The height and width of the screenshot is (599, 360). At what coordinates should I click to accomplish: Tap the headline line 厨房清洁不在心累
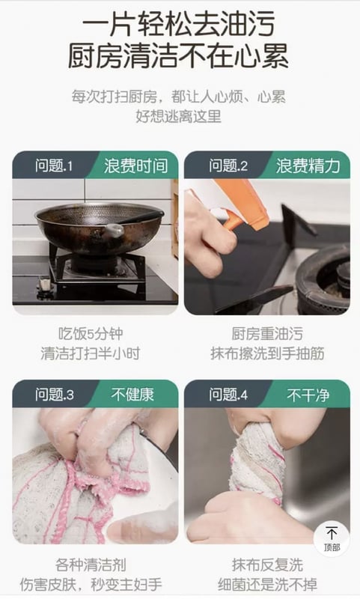pyautogui.click(x=178, y=55)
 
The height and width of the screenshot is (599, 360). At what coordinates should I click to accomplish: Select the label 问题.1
pyautogui.click(x=54, y=166)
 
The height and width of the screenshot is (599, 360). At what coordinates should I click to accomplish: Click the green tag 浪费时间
pyautogui.click(x=135, y=166)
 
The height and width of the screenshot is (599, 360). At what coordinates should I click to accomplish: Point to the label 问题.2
pyautogui.click(x=228, y=166)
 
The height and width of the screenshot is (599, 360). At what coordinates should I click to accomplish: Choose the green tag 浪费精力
pyautogui.click(x=308, y=166)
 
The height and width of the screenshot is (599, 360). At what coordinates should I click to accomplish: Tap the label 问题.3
pyautogui.click(x=55, y=395)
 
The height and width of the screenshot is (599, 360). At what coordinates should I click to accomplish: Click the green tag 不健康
pyautogui.click(x=132, y=395)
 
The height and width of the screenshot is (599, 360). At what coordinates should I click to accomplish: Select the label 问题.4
pyautogui.click(x=228, y=395)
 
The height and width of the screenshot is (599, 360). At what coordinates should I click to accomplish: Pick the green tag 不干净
pyautogui.click(x=308, y=395)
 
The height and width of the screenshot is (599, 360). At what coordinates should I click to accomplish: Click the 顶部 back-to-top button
pyautogui.click(x=332, y=538)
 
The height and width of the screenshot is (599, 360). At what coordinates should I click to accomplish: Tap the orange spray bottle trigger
pyautogui.click(x=232, y=219)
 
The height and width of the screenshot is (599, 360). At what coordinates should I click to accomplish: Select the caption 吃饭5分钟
pyautogui.click(x=91, y=334)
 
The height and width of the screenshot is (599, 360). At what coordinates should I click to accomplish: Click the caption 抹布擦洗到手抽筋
pyautogui.click(x=267, y=353)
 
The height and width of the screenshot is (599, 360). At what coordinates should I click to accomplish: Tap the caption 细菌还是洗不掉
pyautogui.click(x=267, y=585)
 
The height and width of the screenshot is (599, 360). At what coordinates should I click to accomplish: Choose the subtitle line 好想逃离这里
pyautogui.click(x=178, y=116)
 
